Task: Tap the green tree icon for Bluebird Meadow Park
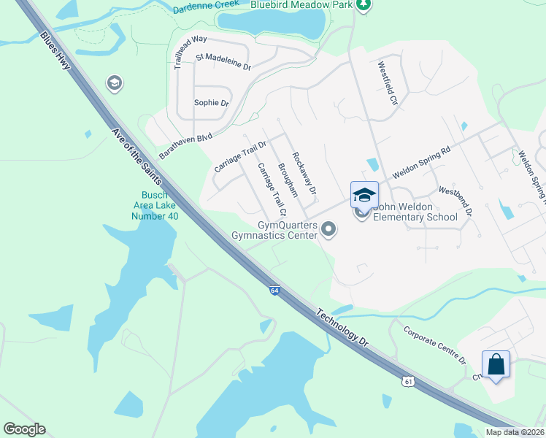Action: [363, 5]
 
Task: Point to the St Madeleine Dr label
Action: [223, 61]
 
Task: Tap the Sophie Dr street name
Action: [211, 103]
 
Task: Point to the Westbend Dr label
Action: [455, 200]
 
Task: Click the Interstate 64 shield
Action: [274, 291]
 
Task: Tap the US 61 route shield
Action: [409, 381]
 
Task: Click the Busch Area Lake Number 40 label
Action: [154, 205]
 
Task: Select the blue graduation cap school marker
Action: [364, 195]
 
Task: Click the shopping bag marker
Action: [496, 364]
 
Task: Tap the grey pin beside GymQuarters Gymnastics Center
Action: [328, 230]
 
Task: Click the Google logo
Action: [24, 429]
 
